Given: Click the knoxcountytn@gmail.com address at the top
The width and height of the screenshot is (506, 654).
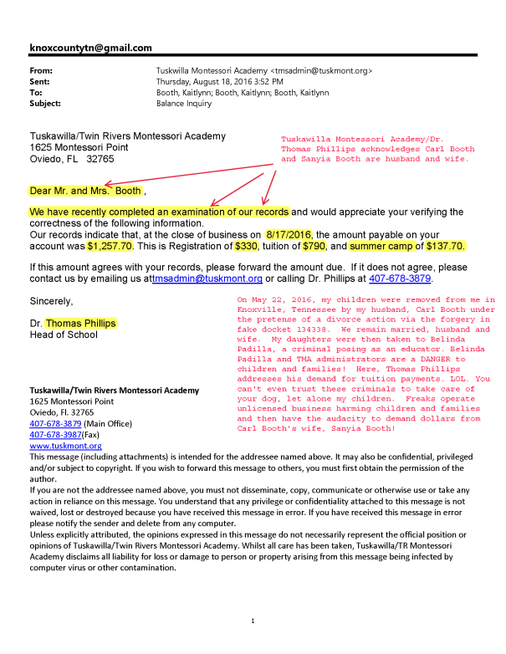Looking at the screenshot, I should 90,48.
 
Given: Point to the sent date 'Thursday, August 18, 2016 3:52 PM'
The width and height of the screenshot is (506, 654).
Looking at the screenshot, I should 220,82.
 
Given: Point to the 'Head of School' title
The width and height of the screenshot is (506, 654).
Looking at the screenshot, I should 64,335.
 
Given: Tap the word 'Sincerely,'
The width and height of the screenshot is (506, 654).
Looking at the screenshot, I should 51,300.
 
